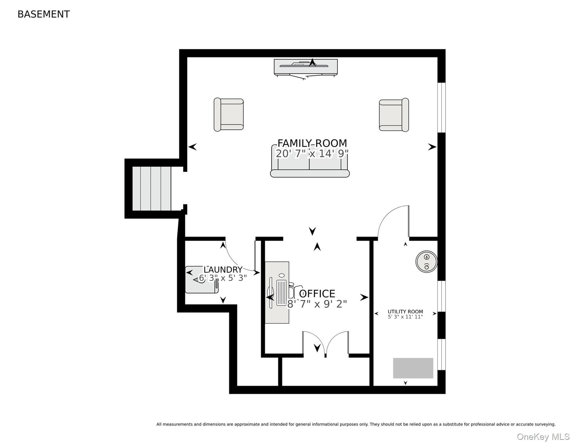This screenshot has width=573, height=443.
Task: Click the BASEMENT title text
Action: pos(44,14)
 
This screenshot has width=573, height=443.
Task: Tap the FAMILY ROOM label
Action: pos(312,143)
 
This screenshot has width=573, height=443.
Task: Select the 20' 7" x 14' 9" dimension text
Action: pos(312,153)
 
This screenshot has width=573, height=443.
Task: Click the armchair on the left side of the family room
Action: pos(229,115)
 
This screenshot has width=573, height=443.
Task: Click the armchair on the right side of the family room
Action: pos(394,115)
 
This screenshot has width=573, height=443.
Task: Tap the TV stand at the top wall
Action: pos(306,67)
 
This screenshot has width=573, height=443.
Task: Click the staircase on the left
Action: pos(152,189)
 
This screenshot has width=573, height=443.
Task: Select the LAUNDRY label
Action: pos(223,270)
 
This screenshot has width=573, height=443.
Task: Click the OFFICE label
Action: pos(317,294)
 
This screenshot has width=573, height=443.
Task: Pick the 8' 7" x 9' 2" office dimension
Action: pos(317,304)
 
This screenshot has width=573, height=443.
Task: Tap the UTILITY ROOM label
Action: pos(405,311)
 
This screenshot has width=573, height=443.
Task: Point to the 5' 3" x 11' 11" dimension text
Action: pos(405,317)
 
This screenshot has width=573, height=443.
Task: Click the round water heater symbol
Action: pos(427,262)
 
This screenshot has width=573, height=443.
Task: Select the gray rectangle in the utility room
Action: pos(413,368)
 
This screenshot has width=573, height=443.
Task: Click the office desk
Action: pos(277,292)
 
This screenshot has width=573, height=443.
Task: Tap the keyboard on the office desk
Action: pos(282,292)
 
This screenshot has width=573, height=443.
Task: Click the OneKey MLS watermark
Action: pos(543,437)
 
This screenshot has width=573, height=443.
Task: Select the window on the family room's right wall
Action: pos(442,108)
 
